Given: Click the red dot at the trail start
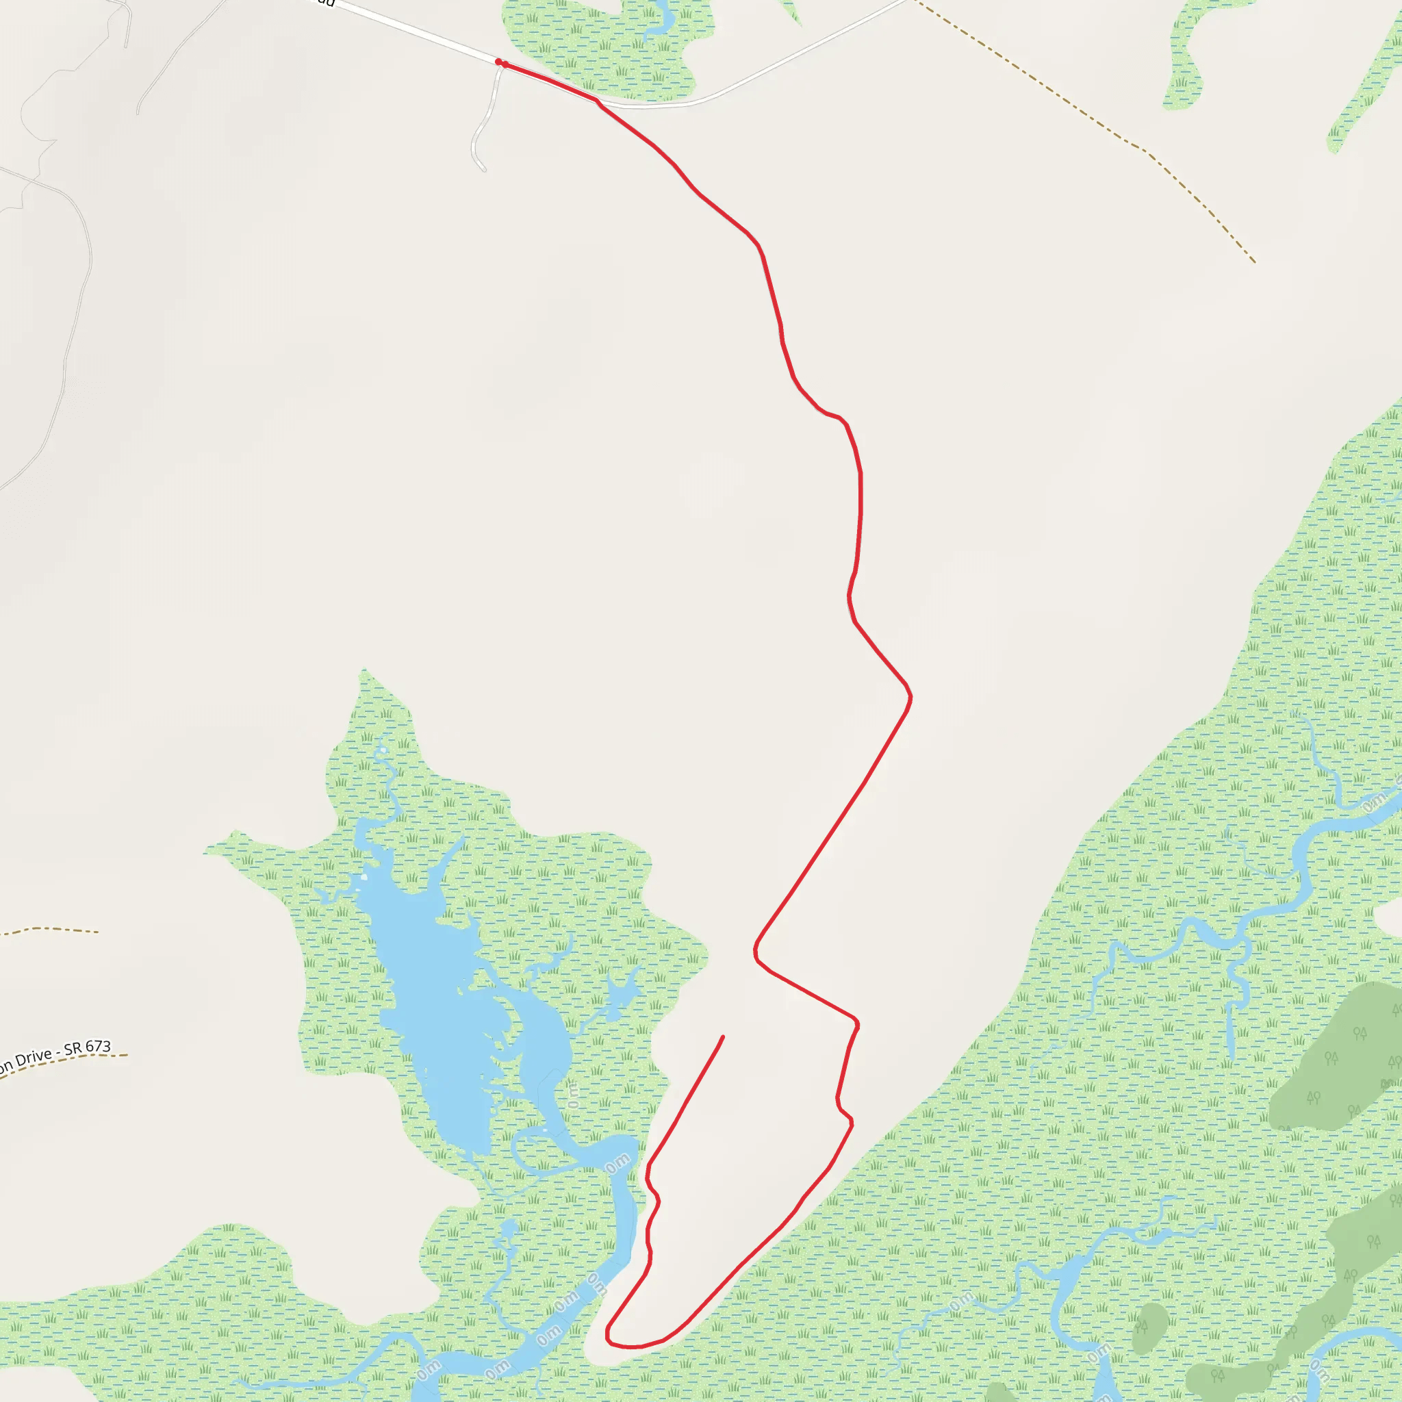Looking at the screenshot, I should tap(499, 62).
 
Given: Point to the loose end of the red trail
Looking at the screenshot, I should tap(723, 1037).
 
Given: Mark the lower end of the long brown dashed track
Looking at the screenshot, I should tap(1255, 262).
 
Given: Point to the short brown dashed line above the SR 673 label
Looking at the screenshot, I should tap(51, 929).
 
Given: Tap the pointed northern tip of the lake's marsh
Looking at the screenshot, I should tap(364, 672).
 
